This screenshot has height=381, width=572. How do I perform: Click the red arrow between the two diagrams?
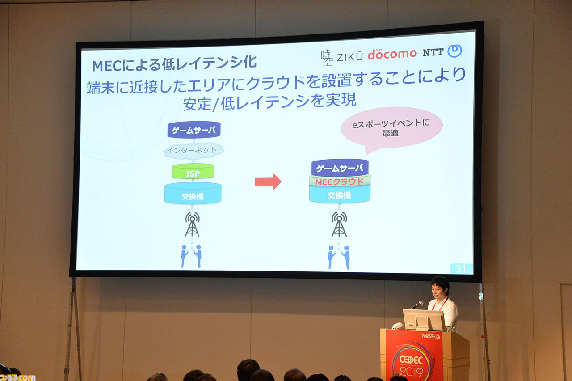(x=268, y=182)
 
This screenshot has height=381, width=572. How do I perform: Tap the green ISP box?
(x=193, y=171)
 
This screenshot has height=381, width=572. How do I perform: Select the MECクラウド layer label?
(x=340, y=182)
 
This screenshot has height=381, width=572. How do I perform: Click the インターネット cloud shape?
(x=193, y=151)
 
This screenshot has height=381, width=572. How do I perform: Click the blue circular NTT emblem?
(x=454, y=51)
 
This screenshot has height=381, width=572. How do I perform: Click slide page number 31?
(x=461, y=269)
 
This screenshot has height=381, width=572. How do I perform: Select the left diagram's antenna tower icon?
(x=192, y=224)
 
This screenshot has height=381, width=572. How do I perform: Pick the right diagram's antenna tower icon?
(x=339, y=224)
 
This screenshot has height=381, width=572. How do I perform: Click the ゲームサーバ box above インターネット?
(x=194, y=130)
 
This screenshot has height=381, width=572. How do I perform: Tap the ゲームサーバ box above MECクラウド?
(x=340, y=168)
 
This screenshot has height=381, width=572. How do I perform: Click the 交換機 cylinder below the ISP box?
(x=193, y=194)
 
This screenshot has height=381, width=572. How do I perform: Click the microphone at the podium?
(x=417, y=305)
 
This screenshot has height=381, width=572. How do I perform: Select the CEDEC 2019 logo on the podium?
(x=412, y=364)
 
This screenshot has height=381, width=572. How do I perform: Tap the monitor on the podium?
(x=424, y=320)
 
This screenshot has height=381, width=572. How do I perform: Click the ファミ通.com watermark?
(x=17, y=377)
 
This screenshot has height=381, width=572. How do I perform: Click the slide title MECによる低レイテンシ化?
(x=174, y=64)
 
